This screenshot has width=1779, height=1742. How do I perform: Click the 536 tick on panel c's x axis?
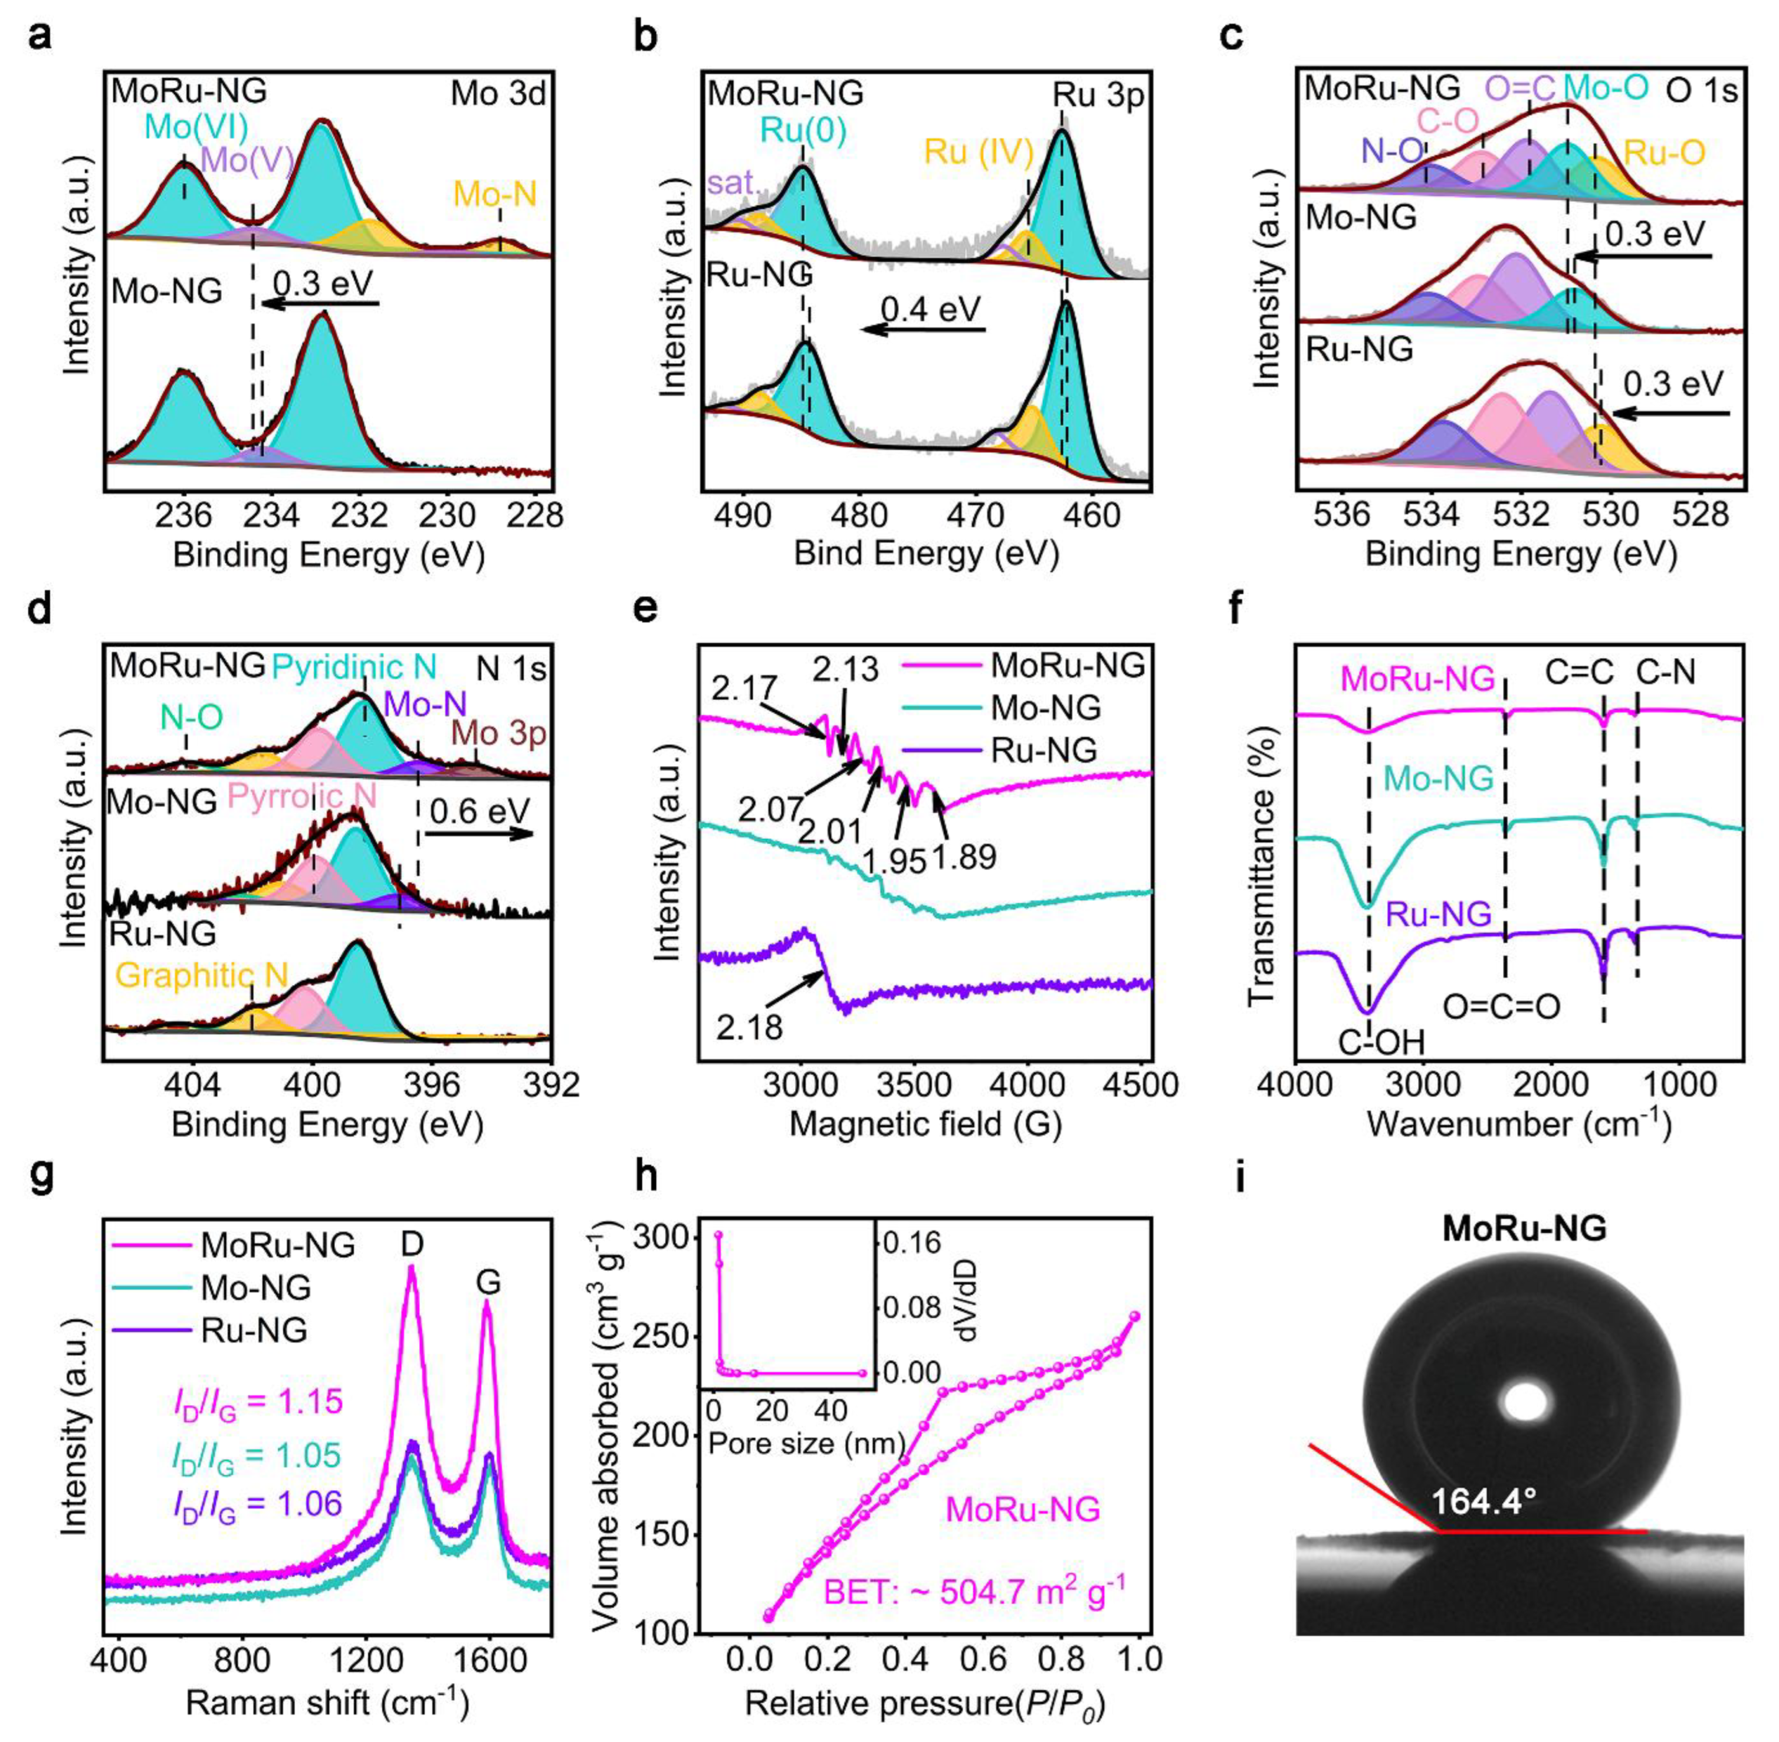[1343, 514]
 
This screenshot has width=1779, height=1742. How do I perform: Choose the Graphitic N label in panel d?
[201, 975]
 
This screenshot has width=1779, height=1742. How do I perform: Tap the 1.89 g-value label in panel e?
[964, 857]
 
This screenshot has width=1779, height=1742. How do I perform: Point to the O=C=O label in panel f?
[1501, 1007]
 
